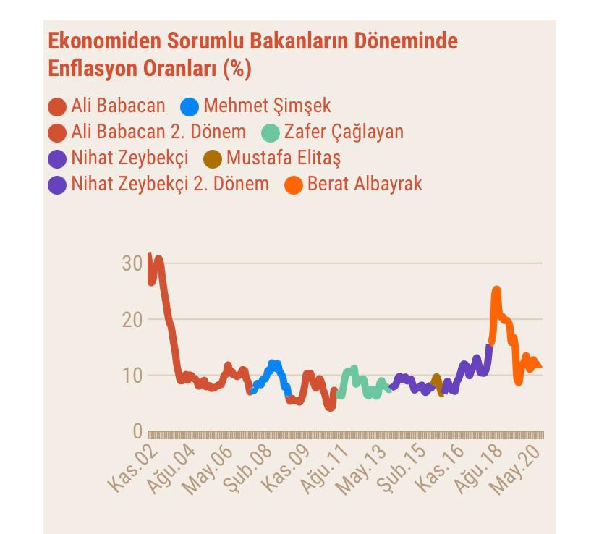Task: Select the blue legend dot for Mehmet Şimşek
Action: tap(190, 106)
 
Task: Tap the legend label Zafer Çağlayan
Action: tap(344, 132)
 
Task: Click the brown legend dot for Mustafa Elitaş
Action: tap(213, 158)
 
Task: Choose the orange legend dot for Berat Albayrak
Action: tap(294, 185)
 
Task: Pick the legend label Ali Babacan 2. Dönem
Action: tap(158, 132)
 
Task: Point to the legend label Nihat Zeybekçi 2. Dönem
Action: tap(169, 184)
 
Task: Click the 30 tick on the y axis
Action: tap(132, 263)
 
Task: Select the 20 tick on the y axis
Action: tap(132, 319)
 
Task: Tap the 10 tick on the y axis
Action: tap(132, 375)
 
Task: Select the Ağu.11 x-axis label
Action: tap(328, 470)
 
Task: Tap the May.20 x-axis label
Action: tap(517, 470)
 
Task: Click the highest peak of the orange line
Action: tap(496, 290)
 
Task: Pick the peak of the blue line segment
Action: tap(273, 364)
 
